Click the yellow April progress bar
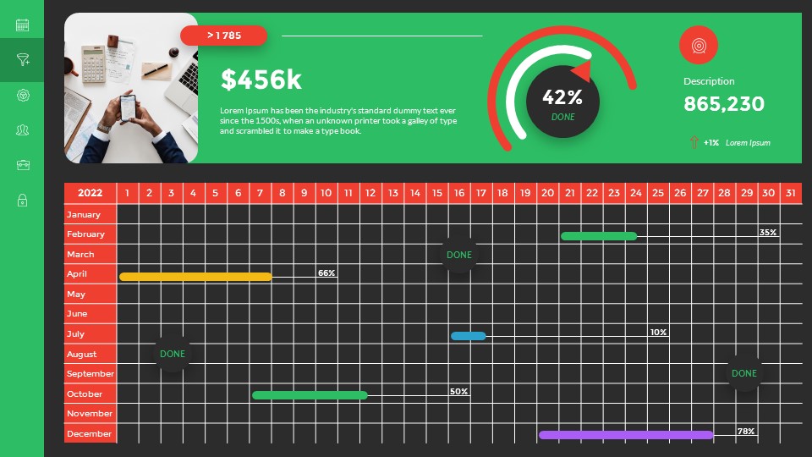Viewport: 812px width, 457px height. coord(195,277)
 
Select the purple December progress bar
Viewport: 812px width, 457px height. coord(626,435)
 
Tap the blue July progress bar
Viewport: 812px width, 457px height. coord(469,336)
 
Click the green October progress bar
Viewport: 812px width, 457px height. coord(310,395)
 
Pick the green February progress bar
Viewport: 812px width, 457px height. coord(599,236)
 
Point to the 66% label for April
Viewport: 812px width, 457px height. coord(326,273)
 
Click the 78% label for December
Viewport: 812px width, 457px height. coord(745,431)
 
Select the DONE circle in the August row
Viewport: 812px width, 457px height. coord(173,354)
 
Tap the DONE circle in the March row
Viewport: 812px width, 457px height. coord(459,255)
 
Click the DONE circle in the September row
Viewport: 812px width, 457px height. coord(744,373)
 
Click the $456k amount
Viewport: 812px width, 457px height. coord(261,80)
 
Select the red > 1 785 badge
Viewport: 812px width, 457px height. coord(224,36)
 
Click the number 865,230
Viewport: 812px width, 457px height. coord(724,104)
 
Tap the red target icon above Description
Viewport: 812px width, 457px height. coord(699,45)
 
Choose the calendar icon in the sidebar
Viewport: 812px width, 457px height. coord(23,25)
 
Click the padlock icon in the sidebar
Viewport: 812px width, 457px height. coord(23,201)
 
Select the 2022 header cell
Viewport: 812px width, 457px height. coord(90,193)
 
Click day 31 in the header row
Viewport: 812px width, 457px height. coord(791,193)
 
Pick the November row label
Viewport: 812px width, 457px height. coord(90,414)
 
